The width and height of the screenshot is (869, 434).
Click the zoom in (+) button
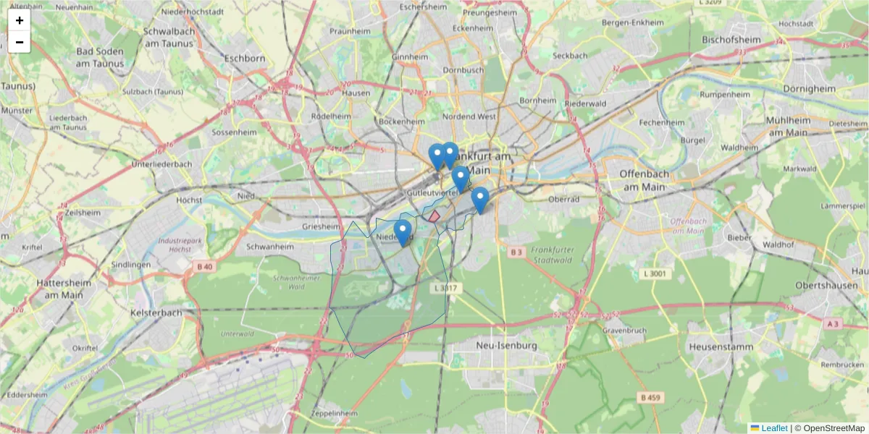click(x=20, y=20)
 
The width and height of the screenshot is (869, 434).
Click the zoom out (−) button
click(x=20, y=42)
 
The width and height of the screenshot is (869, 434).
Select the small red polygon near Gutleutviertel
click(x=434, y=216)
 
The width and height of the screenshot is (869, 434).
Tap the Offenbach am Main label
click(x=642, y=180)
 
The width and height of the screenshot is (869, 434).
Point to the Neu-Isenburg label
click(x=506, y=346)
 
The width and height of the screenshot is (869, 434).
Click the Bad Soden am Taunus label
click(x=100, y=57)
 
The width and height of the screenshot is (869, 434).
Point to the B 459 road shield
click(x=651, y=397)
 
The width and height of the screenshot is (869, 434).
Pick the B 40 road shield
click(x=205, y=267)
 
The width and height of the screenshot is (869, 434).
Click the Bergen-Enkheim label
click(x=632, y=22)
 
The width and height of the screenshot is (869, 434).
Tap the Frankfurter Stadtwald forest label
click(x=553, y=255)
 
